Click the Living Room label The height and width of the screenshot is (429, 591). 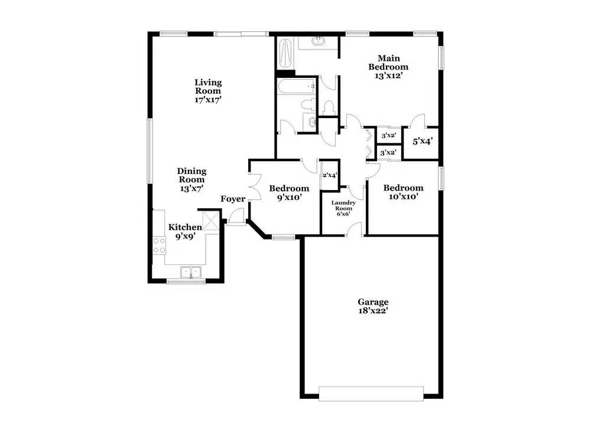(x=207, y=91)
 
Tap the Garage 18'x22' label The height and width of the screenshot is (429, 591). (x=373, y=306)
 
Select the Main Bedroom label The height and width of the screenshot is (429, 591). (x=388, y=67)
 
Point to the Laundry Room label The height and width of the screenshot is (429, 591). (x=343, y=208)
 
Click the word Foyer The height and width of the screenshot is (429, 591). (x=233, y=199)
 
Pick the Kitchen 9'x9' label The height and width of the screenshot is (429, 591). (x=184, y=231)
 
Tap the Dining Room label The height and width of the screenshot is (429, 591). (x=192, y=179)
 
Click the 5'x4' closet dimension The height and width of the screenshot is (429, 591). (x=423, y=141)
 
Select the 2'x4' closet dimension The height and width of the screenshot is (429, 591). (x=329, y=175)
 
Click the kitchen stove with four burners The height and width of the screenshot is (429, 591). (x=159, y=245)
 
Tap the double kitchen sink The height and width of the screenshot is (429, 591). (x=191, y=271)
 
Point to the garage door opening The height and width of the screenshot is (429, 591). (x=371, y=394)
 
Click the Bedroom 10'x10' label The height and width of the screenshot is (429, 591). (x=403, y=192)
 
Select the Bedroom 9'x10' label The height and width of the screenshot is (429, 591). (x=289, y=192)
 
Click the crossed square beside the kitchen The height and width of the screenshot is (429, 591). (x=211, y=220)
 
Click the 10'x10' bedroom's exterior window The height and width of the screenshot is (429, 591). (x=441, y=178)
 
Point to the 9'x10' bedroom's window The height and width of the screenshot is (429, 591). (x=284, y=237)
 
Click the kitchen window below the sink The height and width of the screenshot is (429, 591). (x=186, y=281)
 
